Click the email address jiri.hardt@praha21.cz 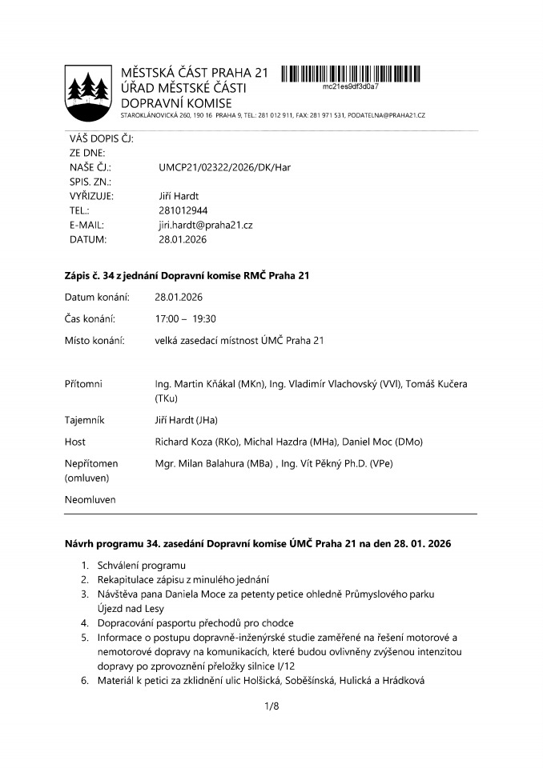(206, 225)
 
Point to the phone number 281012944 (183, 210)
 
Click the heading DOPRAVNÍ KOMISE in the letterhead (176, 103)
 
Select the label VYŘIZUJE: (91, 196)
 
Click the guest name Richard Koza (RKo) (192, 442)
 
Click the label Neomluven (90, 500)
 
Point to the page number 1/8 (271, 706)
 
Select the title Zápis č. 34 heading (187, 276)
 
